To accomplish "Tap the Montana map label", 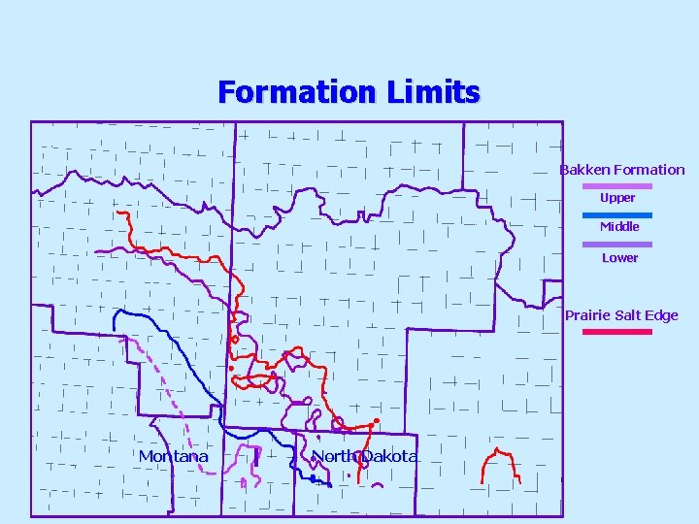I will pos(174,456).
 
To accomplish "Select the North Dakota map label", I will pos(364,456).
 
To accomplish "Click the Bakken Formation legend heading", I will pos(621,170).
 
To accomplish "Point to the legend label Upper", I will pos(617,198).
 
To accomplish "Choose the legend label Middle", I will pos(619,227).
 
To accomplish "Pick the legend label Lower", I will pos(619,258).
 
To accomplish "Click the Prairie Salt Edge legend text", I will pos(621,315).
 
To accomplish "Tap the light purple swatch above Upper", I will pos(617,184).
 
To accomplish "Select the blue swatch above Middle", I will pos(617,213).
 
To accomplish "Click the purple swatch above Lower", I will pos(617,244).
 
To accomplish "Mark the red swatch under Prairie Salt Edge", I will pos(617,331).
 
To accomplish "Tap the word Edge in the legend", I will pos(662,315).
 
